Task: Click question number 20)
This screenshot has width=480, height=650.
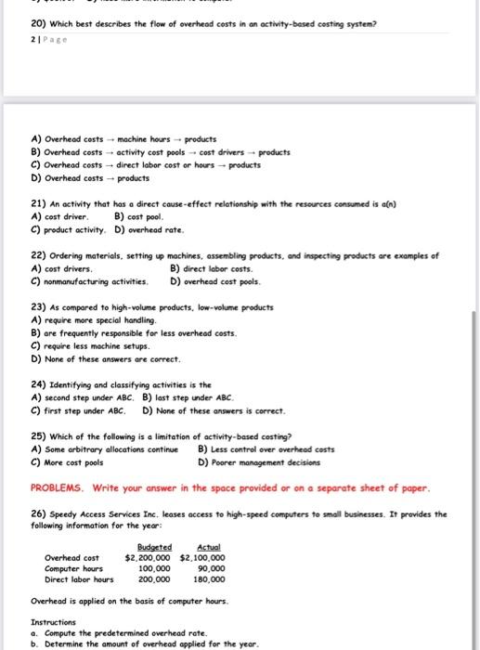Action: point(38,23)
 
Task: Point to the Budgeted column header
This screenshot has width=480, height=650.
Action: point(154,548)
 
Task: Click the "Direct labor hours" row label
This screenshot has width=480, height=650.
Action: point(79,578)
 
